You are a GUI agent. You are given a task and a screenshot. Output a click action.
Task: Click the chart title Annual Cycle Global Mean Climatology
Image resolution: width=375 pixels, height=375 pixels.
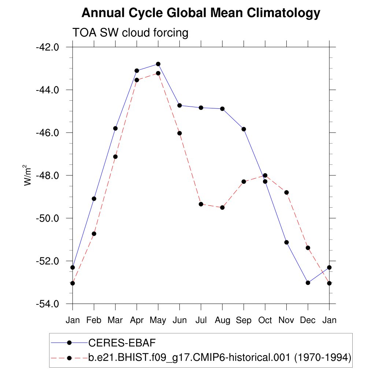(201, 13)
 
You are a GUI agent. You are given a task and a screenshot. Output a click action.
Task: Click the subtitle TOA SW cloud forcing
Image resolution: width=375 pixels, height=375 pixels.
(130, 33)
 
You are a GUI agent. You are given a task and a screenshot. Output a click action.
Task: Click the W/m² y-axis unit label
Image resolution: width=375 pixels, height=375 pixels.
(28, 175)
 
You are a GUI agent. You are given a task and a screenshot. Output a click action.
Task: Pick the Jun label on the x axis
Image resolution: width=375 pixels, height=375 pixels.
(179, 320)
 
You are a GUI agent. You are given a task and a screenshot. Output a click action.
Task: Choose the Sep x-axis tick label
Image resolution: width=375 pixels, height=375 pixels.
(244, 320)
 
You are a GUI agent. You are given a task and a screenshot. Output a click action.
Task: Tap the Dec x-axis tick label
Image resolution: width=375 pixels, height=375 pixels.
(308, 320)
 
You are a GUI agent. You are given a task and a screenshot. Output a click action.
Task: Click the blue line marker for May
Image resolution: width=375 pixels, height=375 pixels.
(158, 64)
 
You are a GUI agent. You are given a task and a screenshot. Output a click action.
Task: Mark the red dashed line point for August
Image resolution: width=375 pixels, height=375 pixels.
(222, 208)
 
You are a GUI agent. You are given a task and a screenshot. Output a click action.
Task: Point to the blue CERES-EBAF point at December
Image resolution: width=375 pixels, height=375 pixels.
(308, 283)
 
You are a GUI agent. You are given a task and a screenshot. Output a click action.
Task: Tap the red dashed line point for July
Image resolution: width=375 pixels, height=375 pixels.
(201, 204)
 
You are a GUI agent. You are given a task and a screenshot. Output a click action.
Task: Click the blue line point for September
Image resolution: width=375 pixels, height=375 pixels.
(244, 129)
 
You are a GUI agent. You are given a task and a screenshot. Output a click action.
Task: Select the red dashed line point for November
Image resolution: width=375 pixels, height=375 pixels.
(286, 192)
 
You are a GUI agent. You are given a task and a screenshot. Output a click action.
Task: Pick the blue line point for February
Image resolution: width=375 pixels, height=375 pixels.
(94, 198)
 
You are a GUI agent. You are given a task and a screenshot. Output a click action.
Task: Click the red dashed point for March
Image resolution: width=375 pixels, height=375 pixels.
(115, 157)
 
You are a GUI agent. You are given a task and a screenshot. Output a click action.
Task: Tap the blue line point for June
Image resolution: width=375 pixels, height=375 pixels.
(179, 105)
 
